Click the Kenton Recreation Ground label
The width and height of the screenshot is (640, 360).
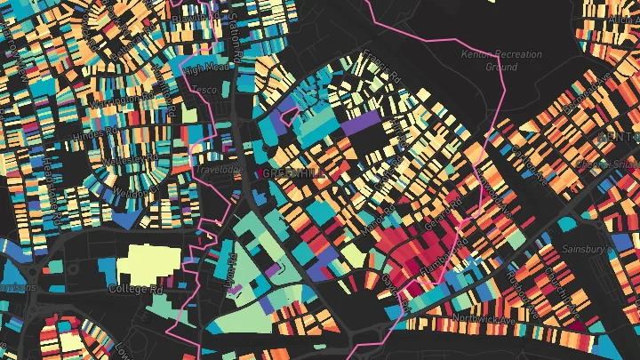click(501, 60)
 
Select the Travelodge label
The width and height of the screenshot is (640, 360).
click(218, 165)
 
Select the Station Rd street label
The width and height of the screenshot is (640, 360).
click(233, 31)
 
